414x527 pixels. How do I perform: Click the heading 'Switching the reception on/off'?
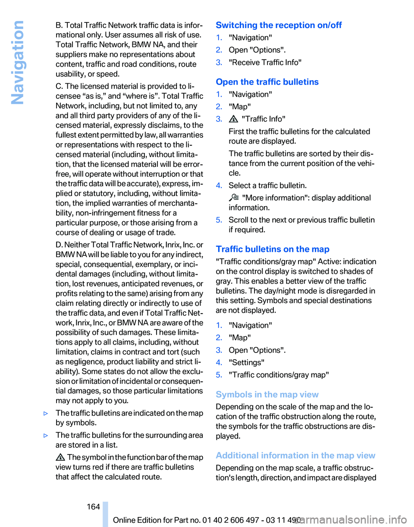pos(279,25)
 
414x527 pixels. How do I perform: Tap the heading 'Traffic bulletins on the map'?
pos(273,249)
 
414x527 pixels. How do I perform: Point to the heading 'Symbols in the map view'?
pos(267,394)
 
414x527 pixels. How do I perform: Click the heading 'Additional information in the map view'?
pos(295,455)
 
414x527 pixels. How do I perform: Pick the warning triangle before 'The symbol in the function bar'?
pos(61,457)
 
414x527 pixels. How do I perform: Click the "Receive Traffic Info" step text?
pos(265,63)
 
